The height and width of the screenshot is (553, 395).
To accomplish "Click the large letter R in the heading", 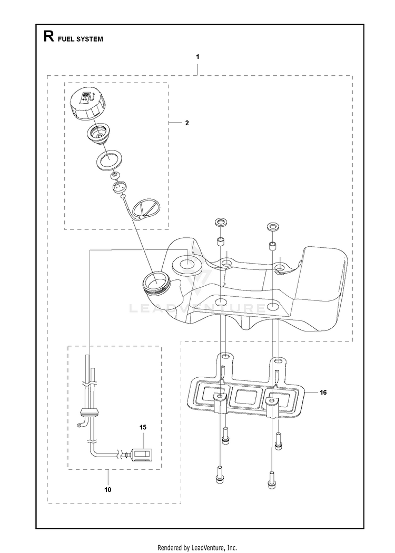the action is click(x=48, y=37).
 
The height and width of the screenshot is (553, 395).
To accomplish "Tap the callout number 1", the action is click(x=197, y=56).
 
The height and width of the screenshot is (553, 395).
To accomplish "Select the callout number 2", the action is click(x=187, y=123).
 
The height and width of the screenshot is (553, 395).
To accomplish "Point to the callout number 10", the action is click(x=108, y=489).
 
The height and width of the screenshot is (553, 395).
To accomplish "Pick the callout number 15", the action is click(x=143, y=427).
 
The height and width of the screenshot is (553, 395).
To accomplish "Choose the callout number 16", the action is click(x=323, y=392).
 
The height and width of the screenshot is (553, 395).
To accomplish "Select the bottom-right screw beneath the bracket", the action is click(x=272, y=479).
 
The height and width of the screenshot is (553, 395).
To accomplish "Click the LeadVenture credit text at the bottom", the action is click(x=197, y=548).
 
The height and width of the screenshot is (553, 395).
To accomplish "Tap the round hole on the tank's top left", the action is click(x=186, y=263).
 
